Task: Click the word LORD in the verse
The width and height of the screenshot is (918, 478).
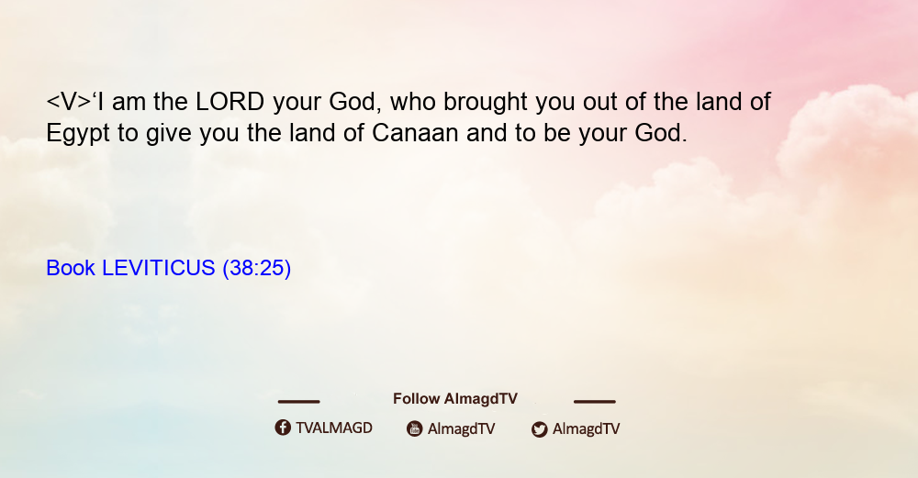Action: [x=230, y=102]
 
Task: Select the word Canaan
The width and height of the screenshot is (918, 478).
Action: [x=415, y=133]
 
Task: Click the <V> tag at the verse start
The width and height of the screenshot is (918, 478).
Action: [x=69, y=102]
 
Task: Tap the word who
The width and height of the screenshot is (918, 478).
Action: [x=413, y=102]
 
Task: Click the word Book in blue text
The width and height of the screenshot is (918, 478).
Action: [x=71, y=268]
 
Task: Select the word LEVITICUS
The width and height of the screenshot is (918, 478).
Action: [x=159, y=268]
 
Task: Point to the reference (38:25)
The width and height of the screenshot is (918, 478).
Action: [x=256, y=268]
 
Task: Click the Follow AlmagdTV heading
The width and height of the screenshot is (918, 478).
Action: [x=455, y=399]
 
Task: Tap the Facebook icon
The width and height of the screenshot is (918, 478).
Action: [x=283, y=428]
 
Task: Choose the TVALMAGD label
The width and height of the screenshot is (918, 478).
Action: [x=334, y=428]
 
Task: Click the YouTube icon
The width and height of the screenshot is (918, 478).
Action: [x=415, y=428]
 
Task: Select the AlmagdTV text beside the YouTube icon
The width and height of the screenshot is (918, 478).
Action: [x=462, y=428]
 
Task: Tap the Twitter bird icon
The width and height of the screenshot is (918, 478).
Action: [x=539, y=429]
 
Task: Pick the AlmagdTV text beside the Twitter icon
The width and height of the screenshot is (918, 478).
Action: [x=586, y=428]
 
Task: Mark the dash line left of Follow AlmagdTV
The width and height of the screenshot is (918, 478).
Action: [x=298, y=402]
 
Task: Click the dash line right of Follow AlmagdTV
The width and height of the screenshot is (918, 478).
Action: [x=595, y=402]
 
